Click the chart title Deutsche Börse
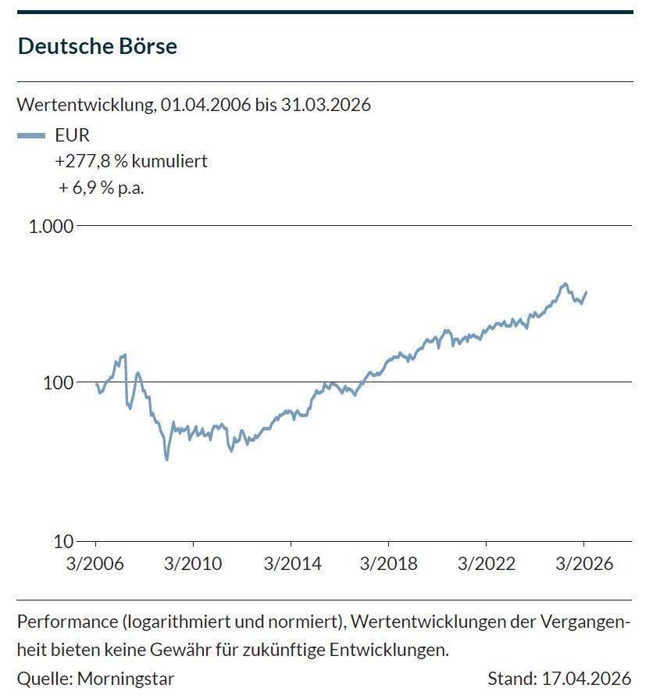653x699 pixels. (98, 46)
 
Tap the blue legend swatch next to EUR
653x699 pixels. (31, 135)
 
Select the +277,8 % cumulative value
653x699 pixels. (87, 161)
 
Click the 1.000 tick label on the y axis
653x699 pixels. (51, 226)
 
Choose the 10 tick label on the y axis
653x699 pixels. (62, 541)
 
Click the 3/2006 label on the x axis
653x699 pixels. (95, 564)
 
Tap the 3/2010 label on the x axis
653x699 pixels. (193, 564)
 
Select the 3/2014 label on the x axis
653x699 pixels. (291, 564)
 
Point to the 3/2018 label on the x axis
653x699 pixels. (389, 564)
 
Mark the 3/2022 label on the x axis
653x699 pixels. (487, 564)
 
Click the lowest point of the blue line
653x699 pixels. (166, 459)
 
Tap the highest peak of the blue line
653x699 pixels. (565, 283)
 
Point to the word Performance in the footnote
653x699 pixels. (62, 622)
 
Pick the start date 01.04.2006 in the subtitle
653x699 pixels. (205, 105)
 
